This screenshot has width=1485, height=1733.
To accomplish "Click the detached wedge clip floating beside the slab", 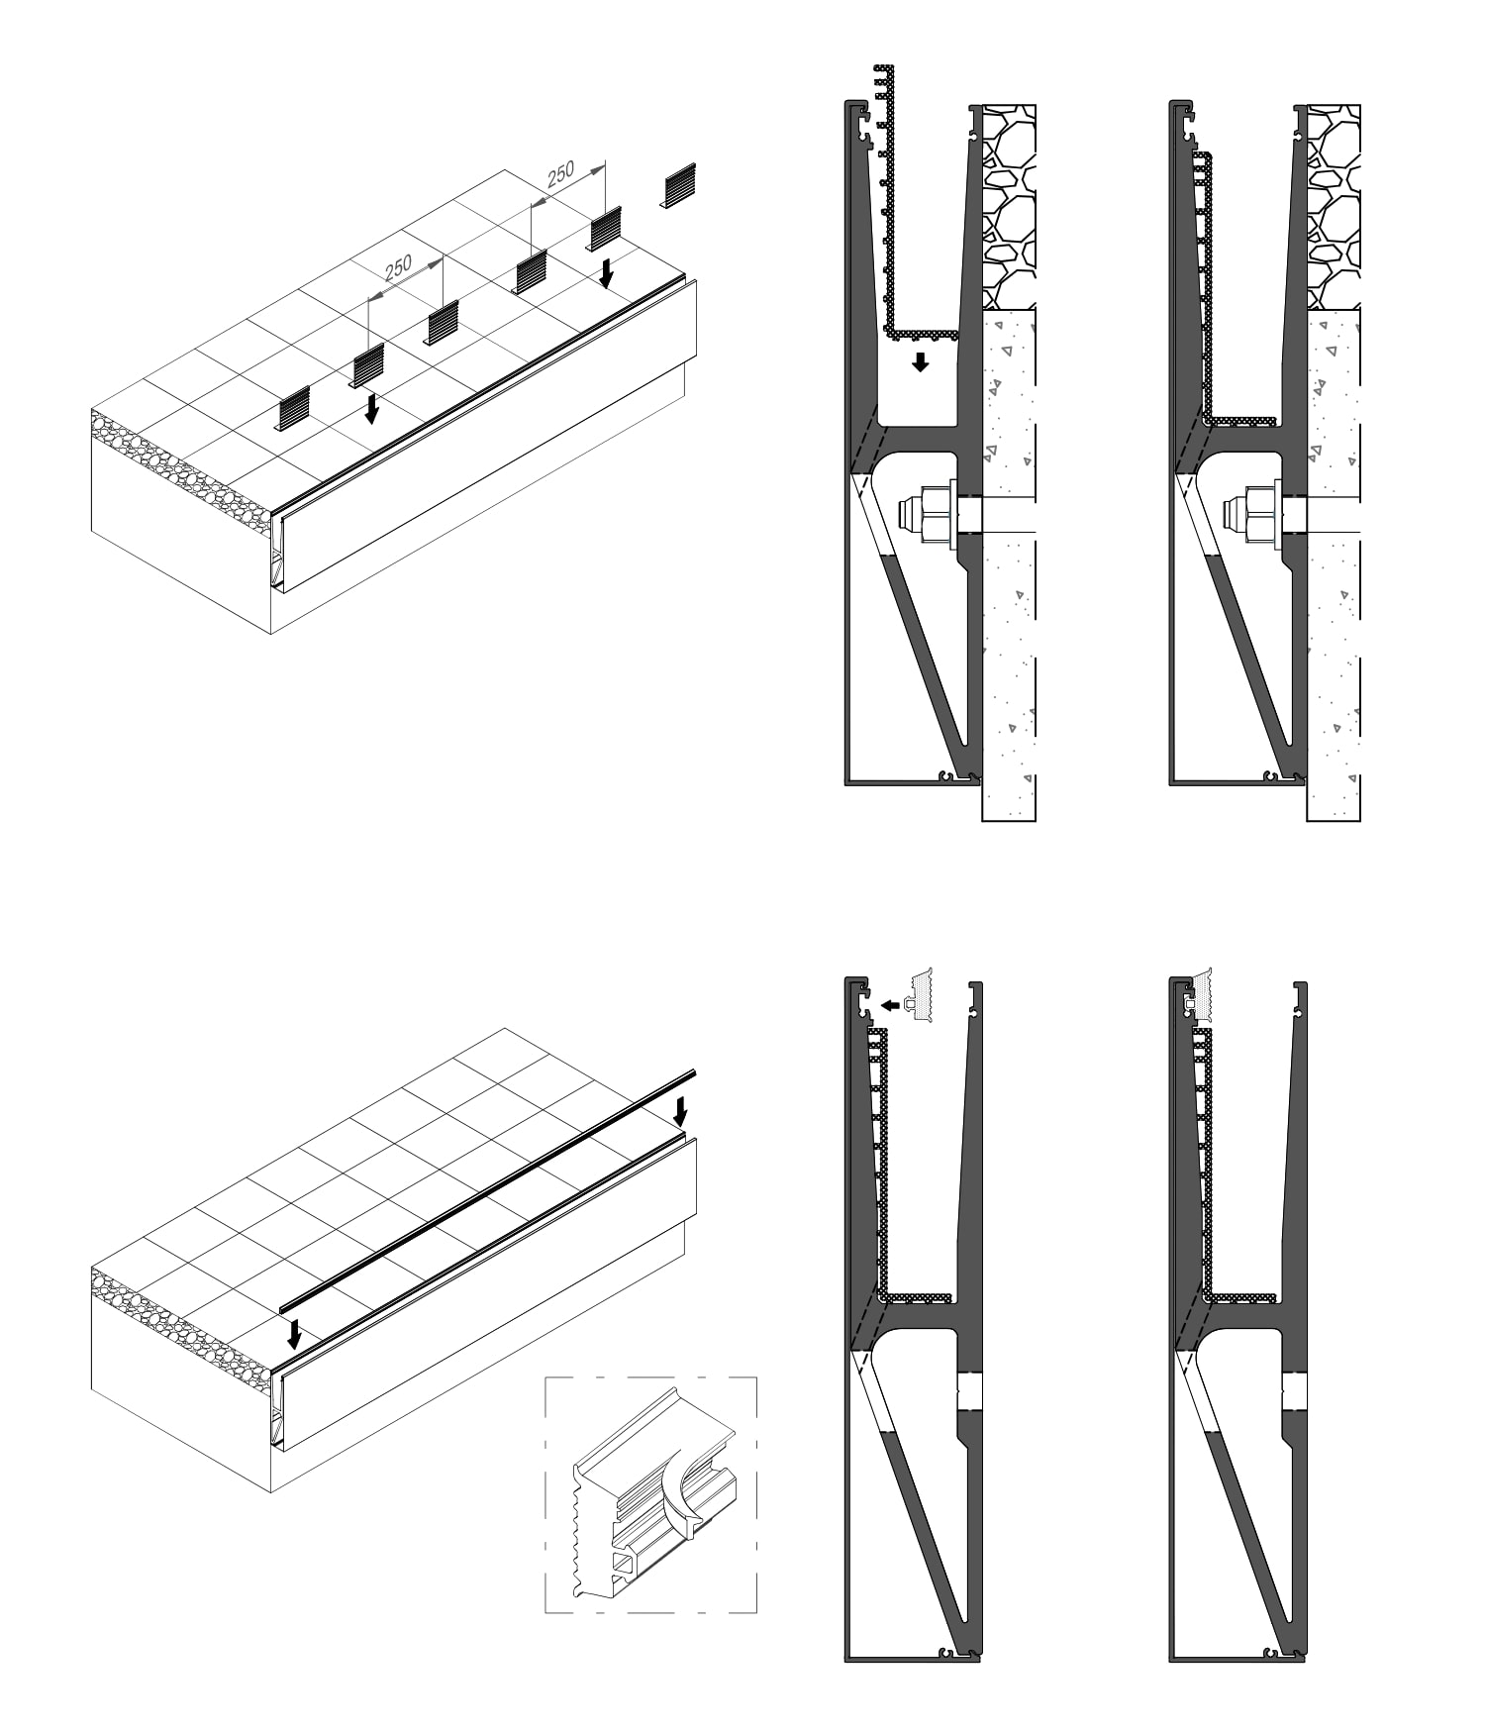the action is pyautogui.click(x=680, y=186).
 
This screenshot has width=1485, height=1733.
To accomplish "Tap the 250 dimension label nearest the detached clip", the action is pyautogui.click(x=560, y=173).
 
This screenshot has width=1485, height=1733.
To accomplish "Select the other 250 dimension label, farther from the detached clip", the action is pyautogui.click(x=398, y=266).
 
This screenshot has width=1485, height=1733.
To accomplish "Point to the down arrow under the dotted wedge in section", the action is pyautogui.click(x=921, y=361).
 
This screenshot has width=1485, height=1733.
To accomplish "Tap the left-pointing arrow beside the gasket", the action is pyautogui.click(x=890, y=1006).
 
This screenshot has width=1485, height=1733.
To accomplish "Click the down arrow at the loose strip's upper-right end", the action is pyautogui.click(x=680, y=1111).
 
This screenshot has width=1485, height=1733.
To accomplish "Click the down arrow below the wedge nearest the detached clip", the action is pyautogui.click(x=607, y=273).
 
